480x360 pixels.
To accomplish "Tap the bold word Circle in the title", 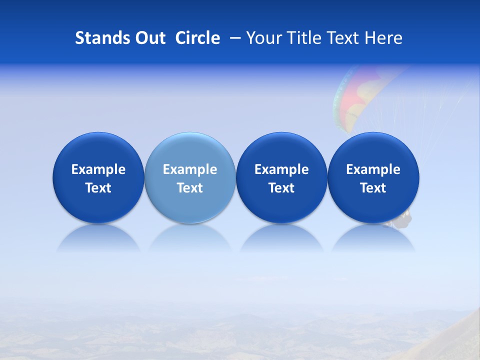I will tap(197, 38).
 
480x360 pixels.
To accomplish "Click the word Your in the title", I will tap(262, 38).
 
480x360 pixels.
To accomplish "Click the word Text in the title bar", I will tap(343, 38).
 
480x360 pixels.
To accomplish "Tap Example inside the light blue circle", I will tap(190, 169).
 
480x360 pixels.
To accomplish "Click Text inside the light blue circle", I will tap(190, 188).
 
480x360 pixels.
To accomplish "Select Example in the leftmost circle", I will tap(98, 169).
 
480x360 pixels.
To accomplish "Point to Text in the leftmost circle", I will tap(98, 188).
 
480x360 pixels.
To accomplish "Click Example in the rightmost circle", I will tap(373, 169).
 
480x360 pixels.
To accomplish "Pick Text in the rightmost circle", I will tap(373, 188).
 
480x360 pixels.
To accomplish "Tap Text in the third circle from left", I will tap(281, 188).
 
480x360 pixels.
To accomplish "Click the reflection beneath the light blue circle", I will tap(190, 240).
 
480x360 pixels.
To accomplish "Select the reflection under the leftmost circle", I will tap(98, 240).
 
